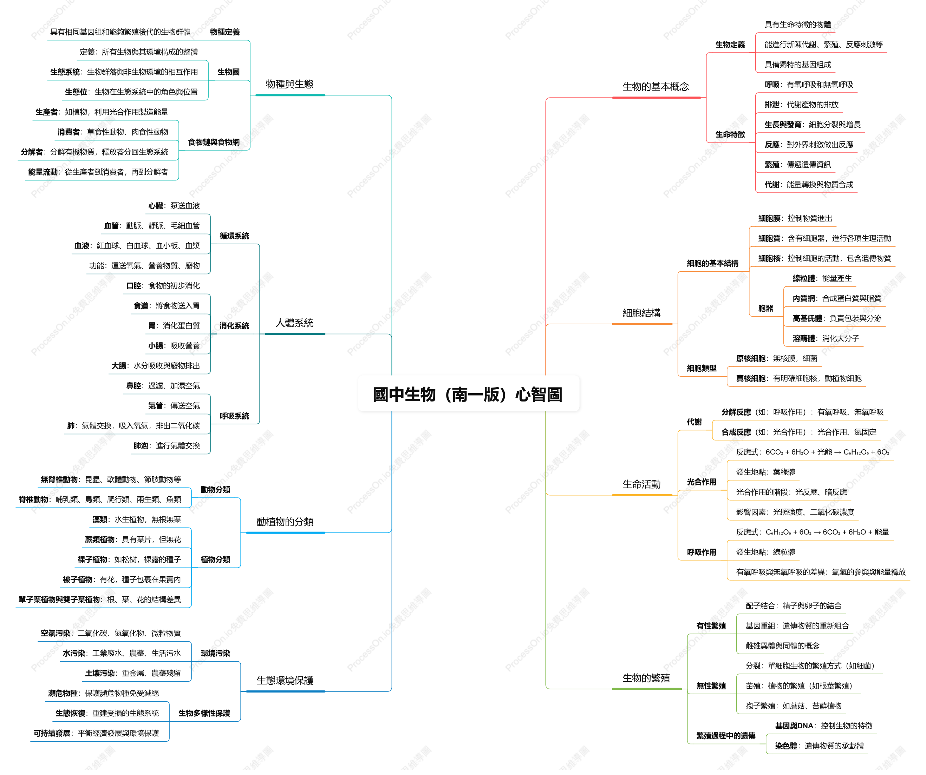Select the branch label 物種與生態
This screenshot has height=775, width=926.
[x=290, y=84]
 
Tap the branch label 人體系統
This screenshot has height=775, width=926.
[x=294, y=323]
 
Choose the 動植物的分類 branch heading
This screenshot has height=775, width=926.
[x=285, y=522]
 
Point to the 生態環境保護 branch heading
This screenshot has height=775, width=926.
[x=285, y=680]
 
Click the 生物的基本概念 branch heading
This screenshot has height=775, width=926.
[x=656, y=86]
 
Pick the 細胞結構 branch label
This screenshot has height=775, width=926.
[x=641, y=313]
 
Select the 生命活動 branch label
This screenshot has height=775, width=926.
[x=641, y=484]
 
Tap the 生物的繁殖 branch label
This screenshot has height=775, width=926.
[x=646, y=678]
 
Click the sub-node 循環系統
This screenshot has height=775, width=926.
[x=234, y=236]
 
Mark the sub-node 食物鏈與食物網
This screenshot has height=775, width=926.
[x=214, y=142]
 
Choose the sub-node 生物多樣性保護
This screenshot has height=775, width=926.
[x=204, y=713]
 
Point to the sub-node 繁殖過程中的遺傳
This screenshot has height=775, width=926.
[x=726, y=735]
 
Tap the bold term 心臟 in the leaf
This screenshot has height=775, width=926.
[x=156, y=206]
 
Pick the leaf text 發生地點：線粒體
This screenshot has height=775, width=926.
[x=765, y=552]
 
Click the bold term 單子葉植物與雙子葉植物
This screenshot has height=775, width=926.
[x=59, y=599]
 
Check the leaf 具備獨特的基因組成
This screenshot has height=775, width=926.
[x=798, y=64]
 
